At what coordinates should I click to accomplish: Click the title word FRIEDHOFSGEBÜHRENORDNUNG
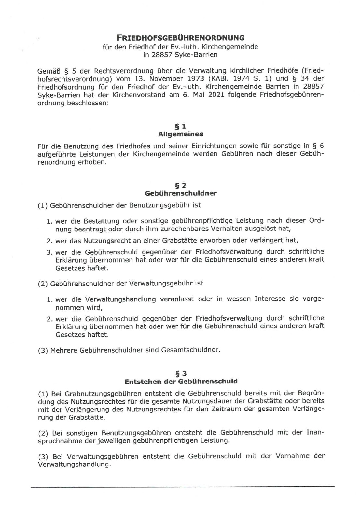180,38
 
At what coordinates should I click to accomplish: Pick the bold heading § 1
181,126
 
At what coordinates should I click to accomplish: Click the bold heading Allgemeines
181,134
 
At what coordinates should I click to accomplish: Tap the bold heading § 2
181,185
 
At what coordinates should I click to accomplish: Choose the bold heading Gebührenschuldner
181,193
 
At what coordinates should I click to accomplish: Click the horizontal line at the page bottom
182,487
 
